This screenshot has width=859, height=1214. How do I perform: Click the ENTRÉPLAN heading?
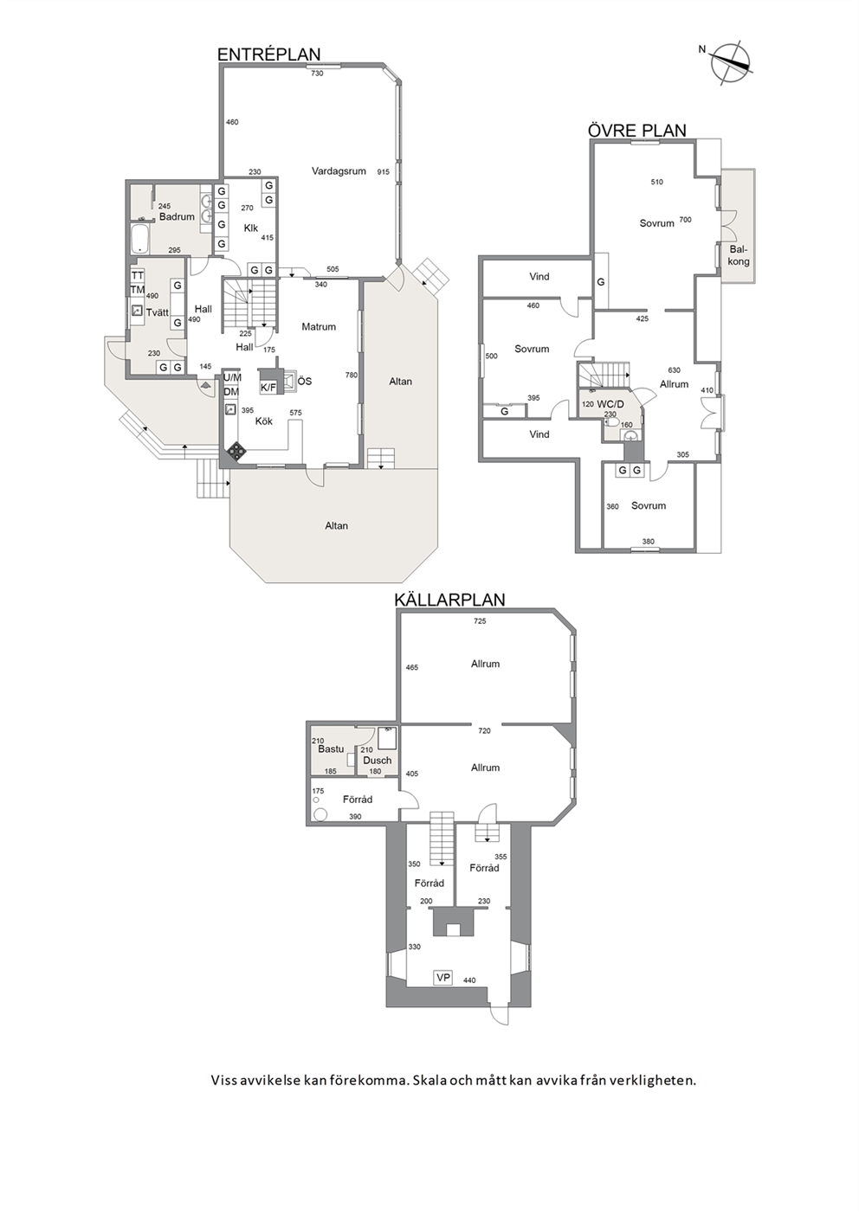click(x=268, y=55)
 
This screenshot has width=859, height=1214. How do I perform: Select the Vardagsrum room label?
click(x=339, y=171)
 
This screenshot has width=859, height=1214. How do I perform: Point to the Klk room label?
click(x=250, y=228)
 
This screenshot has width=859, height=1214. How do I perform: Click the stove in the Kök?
click(x=236, y=451)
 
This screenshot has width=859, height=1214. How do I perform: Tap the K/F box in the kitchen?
click(x=268, y=387)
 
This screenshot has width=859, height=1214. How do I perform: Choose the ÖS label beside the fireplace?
click(x=305, y=382)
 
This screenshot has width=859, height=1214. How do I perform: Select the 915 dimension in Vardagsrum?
click(x=383, y=172)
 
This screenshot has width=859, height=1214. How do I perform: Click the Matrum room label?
click(x=319, y=327)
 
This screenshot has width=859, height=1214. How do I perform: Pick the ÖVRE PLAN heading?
click(x=637, y=131)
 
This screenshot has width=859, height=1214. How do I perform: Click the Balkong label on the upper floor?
click(x=739, y=255)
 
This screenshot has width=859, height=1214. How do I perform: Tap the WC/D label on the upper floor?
click(x=610, y=404)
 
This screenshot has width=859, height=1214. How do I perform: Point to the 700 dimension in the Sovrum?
click(x=686, y=220)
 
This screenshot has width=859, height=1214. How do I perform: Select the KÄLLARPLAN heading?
click(x=449, y=600)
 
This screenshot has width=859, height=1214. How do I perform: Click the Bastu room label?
click(x=331, y=749)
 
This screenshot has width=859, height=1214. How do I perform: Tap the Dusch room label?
click(x=377, y=761)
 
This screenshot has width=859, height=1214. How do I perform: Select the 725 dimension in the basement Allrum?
click(x=480, y=621)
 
